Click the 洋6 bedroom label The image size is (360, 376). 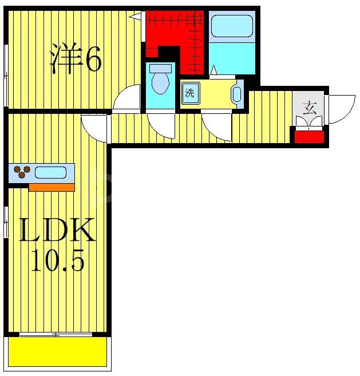point(76,59)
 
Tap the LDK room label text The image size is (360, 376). point(57,232)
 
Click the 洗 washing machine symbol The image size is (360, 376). point(189,93)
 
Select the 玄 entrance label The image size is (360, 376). point(310,108)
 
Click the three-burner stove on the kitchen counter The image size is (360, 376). point(21,172)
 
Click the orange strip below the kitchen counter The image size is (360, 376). point(52,187)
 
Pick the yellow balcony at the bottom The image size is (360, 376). point(58,351)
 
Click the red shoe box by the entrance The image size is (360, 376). point(309,137)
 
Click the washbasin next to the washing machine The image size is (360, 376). point(236,94)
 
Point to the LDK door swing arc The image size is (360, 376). point(95,128)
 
